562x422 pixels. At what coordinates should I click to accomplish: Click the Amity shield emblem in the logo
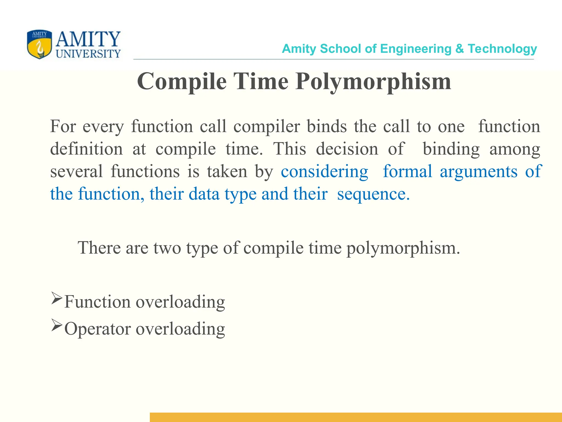[39, 44]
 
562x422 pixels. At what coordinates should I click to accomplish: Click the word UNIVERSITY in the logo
[88, 54]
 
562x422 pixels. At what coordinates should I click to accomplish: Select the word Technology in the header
[502, 49]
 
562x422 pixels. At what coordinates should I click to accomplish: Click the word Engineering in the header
[416, 49]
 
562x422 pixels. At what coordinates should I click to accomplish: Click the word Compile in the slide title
[182, 82]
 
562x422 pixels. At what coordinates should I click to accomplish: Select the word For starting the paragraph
[63, 126]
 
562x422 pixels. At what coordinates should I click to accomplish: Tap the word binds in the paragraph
[327, 126]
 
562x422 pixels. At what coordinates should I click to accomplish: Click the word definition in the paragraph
[86, 149]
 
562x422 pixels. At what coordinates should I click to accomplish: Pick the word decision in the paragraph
[347, 149]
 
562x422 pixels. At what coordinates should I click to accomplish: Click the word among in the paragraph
[515, 149]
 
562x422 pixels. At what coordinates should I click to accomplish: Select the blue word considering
[324, 172]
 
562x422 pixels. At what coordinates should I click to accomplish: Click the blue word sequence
[373, 194]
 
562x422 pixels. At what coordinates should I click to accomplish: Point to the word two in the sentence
[167, 248]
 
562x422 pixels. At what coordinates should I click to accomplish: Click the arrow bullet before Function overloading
[57, 299]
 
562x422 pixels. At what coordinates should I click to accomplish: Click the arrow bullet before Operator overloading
[57, 326]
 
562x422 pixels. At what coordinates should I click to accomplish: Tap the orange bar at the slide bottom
[356, 417]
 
